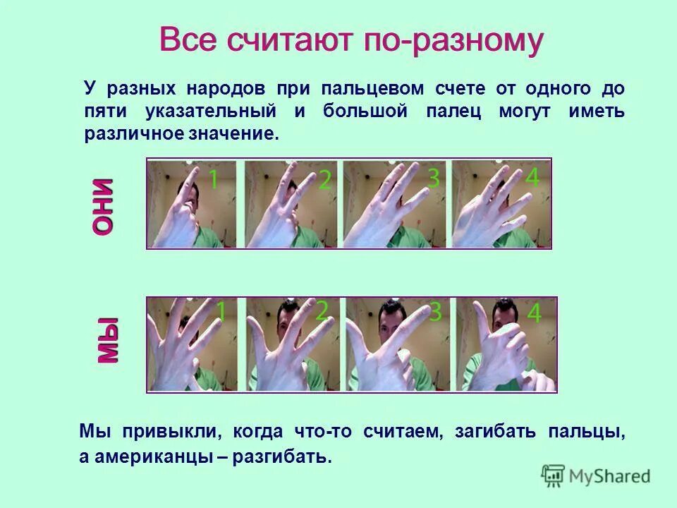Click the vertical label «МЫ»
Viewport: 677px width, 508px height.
click(x=106, y=341)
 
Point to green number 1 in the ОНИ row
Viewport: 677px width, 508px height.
click(x=212, y=180)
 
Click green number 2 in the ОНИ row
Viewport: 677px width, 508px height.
click(x=324, y=180)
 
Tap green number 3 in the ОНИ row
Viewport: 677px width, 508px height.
click(x=433, y=179)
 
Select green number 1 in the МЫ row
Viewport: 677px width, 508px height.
click(x=220, y=311)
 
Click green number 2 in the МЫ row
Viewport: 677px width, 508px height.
click(x=322, y=311)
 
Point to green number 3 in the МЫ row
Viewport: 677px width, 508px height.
click(x=435, y=311)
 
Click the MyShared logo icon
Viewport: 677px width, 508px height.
click(x=554, y=476)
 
